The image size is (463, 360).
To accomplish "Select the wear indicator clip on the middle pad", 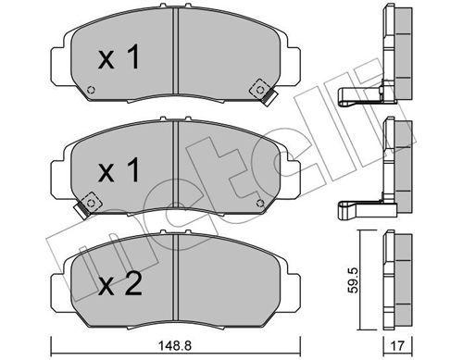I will tap(91, 200).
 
